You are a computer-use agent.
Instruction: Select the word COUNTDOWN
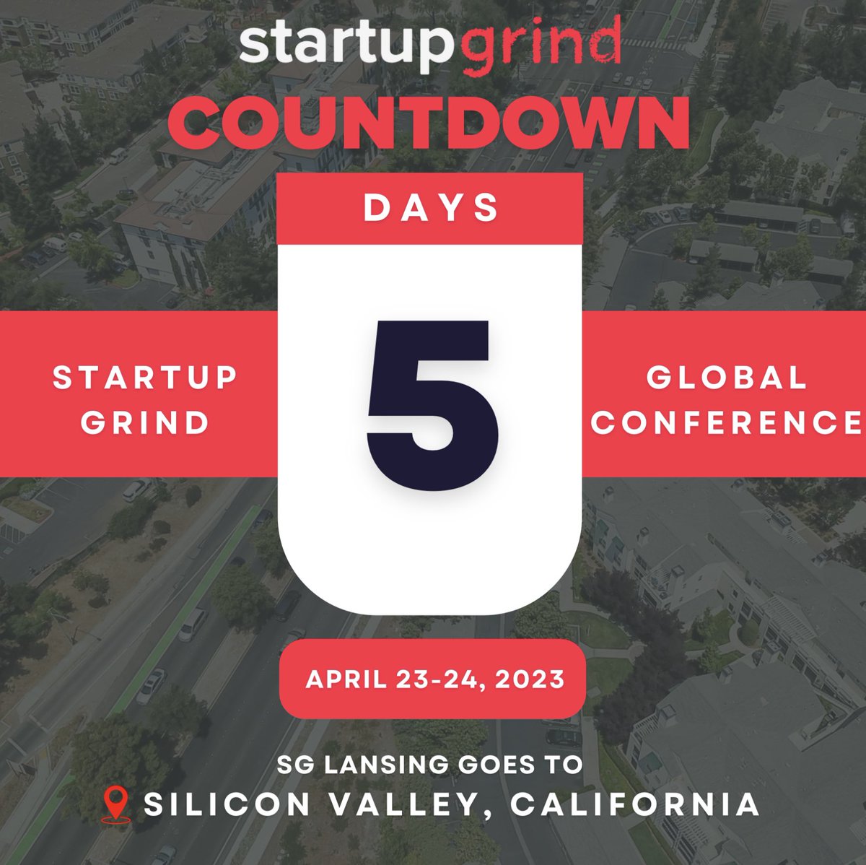429,123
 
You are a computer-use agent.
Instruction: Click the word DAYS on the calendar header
431,208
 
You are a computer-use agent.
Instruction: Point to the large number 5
431,394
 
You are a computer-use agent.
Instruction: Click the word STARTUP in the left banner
145,378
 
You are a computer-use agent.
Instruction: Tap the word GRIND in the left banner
145,422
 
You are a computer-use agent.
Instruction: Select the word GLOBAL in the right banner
726,378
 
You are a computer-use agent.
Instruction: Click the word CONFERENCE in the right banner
727,422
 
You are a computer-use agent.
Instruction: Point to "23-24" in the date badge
439,679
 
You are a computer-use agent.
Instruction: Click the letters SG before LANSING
294,765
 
